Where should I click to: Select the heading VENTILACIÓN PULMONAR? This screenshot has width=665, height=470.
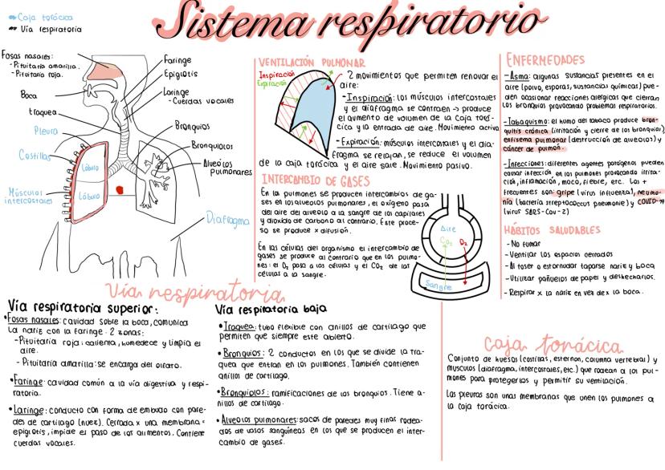pos(310,62)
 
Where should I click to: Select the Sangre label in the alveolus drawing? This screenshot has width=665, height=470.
pos(438,285)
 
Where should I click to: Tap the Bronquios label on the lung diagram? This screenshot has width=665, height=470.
pos(189,126)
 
